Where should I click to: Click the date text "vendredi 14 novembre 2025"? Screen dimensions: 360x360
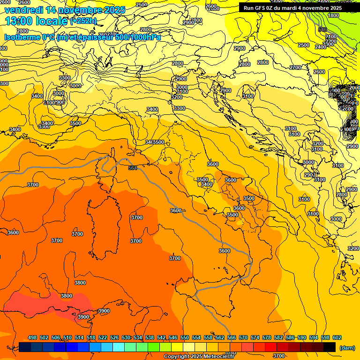pyautogui.click(x=65, y=10)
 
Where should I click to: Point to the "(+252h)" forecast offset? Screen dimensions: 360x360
pyautogui.click(x=83, y=21)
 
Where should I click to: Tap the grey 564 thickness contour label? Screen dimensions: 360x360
pyautogui.click(x=133, y=168)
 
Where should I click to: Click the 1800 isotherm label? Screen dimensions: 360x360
pyautogui.click(x=333, y=15)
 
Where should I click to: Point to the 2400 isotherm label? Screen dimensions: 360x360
pyautogui.click(x=321, y=47)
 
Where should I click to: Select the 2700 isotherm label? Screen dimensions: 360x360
pyautogui.click(x=295, y=67)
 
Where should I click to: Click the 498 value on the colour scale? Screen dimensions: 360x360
pyautogui.click(x=32, y=337)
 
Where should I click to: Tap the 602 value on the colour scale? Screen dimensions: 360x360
pyautogui.click(x=337, y=337)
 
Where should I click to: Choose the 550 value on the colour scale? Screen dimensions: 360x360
pyautogui.click(x=185, y=337)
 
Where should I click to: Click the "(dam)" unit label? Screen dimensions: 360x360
pyautogui.click(x=347, y=347)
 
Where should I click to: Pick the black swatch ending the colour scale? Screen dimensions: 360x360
pyautogui.click(x=330, y=347)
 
